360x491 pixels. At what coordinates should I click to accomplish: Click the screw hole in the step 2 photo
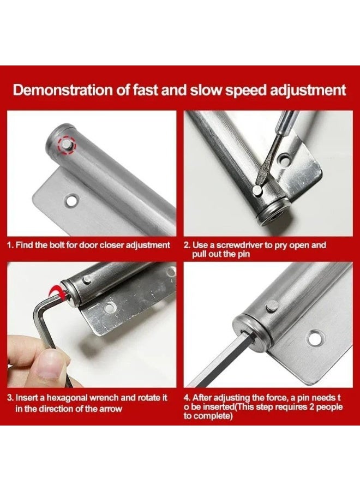pyautogui.click(x=283, y=160)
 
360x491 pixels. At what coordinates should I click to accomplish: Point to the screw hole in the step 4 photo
pyautogui.click(x=315, y=338)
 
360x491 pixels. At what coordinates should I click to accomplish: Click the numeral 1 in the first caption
pyautogui.click(x=9, y=245)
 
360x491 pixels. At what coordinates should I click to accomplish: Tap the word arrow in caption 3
pyautogui.click(x=110, y=408)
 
